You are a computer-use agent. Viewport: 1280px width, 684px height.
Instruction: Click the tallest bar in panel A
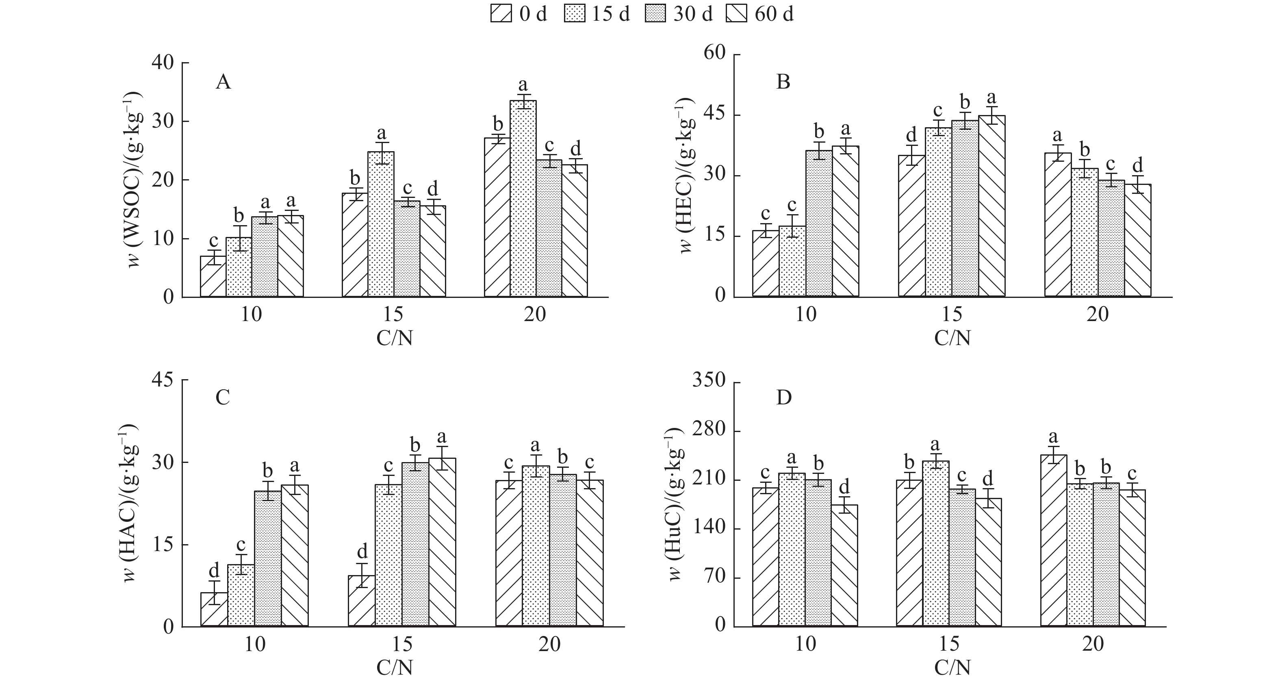click(x=523, y=199)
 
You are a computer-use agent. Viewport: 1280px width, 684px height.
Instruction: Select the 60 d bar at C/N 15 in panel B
click(x=991, y=206)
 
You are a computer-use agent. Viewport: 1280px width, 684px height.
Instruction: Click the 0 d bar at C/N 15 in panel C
click(x=362, y=601)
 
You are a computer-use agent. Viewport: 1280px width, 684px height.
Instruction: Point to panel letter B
click(x=783, y=82)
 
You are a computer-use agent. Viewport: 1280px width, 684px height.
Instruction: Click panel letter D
click(x=783, y=398)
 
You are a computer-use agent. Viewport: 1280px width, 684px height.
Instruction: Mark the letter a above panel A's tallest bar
click(x=523, y=85)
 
